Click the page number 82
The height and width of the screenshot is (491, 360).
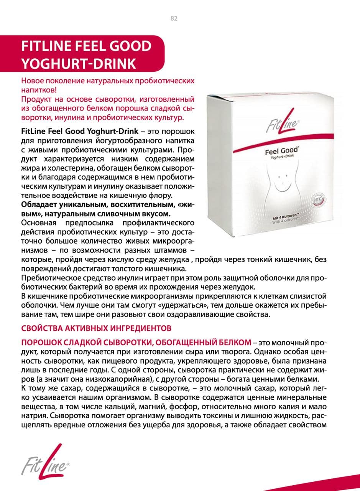click(174, 18)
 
